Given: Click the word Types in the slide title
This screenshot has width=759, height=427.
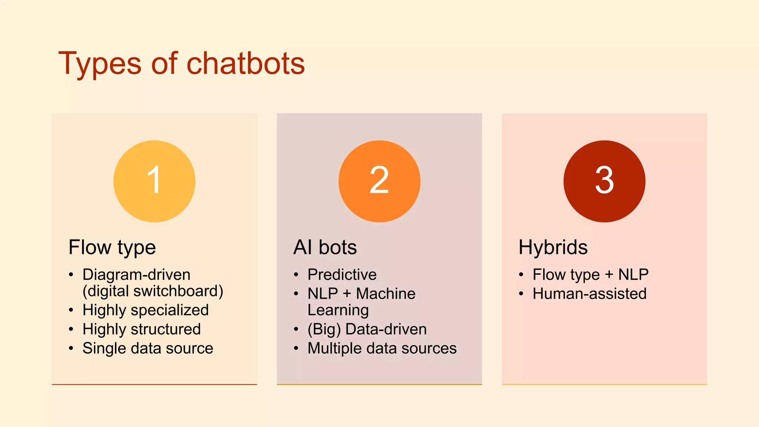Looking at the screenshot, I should click(x=100, y=64).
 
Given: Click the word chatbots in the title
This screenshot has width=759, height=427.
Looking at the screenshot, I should click(x=245, y=63).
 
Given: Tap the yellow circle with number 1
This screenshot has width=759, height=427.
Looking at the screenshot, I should click(x=154, y=181).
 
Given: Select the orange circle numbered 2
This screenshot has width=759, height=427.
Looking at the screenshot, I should click(x=379, y=181).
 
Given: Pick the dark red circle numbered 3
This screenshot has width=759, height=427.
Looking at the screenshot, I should click(x=604, y=181).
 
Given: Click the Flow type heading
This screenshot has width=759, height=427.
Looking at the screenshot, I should click(x=112, y=248).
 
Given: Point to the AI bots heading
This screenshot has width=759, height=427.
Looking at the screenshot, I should click(x=325, y=247).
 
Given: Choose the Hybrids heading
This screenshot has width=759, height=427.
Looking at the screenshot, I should click(x=553, y=247).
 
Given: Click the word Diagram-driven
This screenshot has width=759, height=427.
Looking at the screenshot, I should click(x=136, y=275).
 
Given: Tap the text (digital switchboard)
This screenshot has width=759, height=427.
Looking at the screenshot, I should click(x=153, y=291).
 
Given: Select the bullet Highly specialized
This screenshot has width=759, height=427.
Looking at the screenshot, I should click(x=146, y=310).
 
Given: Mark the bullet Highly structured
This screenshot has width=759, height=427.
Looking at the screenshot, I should click(x=142, y=330).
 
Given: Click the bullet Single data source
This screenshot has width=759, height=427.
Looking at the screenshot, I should click(x=148, y=348).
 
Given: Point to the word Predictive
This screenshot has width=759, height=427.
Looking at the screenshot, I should click(x=342, y=275).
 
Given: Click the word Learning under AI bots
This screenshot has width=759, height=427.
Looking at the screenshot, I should click(x=338, y=310).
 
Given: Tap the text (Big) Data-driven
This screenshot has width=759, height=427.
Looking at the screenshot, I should click(x=367, y=330).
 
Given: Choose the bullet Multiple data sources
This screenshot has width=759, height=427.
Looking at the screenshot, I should click(x=382, y=348).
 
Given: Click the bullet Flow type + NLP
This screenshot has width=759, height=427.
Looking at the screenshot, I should click(x=590, y=275).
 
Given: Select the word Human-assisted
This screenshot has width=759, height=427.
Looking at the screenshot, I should click(x=589, y=294).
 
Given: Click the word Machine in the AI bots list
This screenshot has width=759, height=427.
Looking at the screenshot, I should click(x=385, y=294).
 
